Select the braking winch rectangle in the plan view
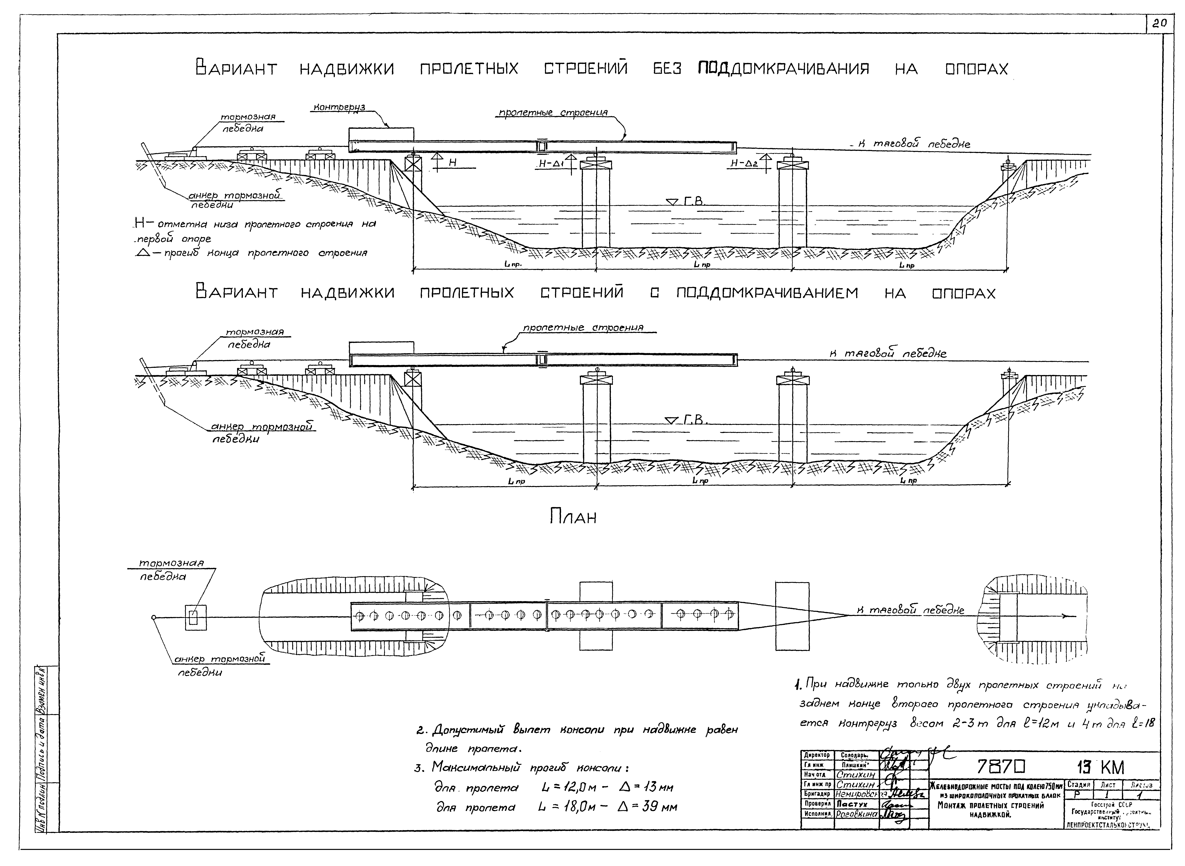(196, 618)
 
